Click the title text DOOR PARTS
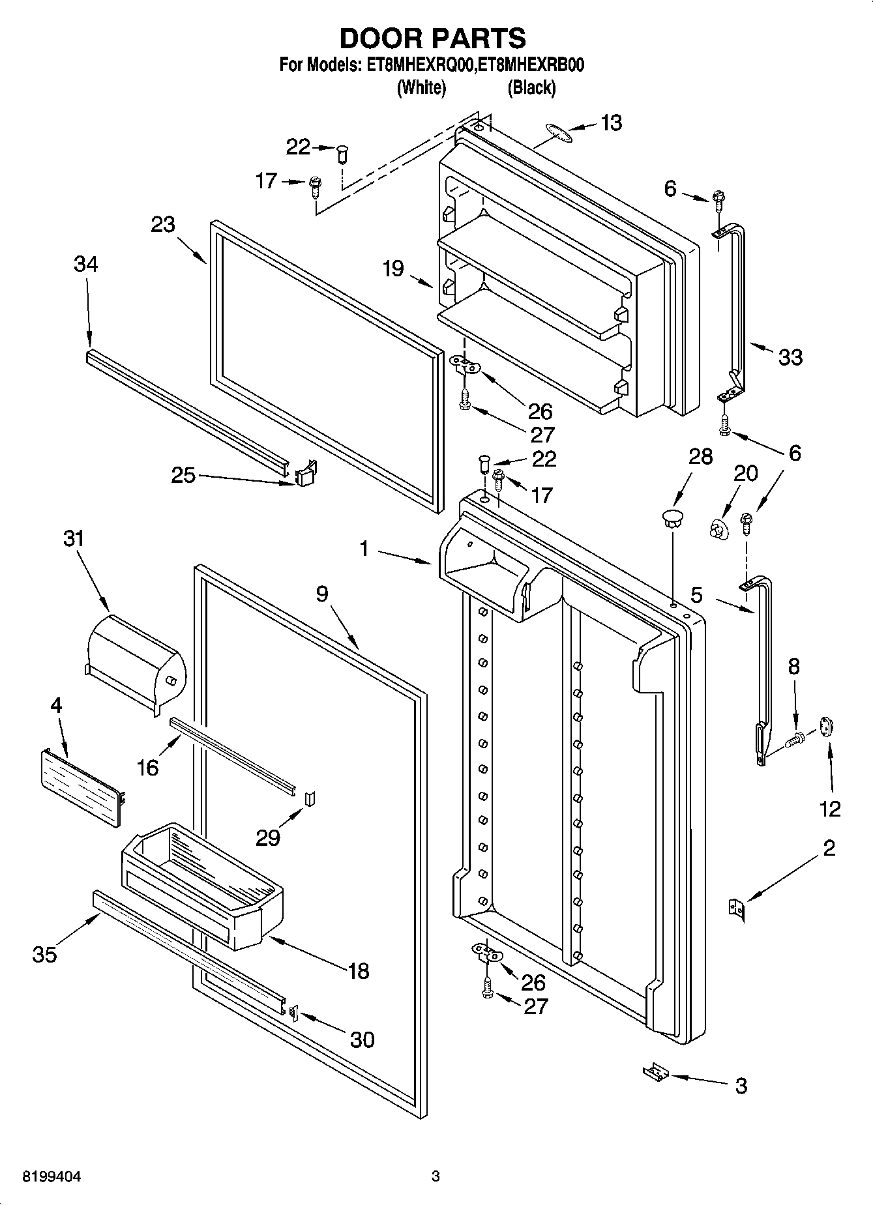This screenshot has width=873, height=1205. click(433, 38)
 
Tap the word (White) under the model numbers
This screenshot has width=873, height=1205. click(421, 87)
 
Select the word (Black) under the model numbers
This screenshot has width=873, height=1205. click(531, 87)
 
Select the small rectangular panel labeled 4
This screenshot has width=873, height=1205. click(80, 787)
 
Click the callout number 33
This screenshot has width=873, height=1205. click(790, 357)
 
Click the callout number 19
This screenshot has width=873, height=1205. click(394, 268)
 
